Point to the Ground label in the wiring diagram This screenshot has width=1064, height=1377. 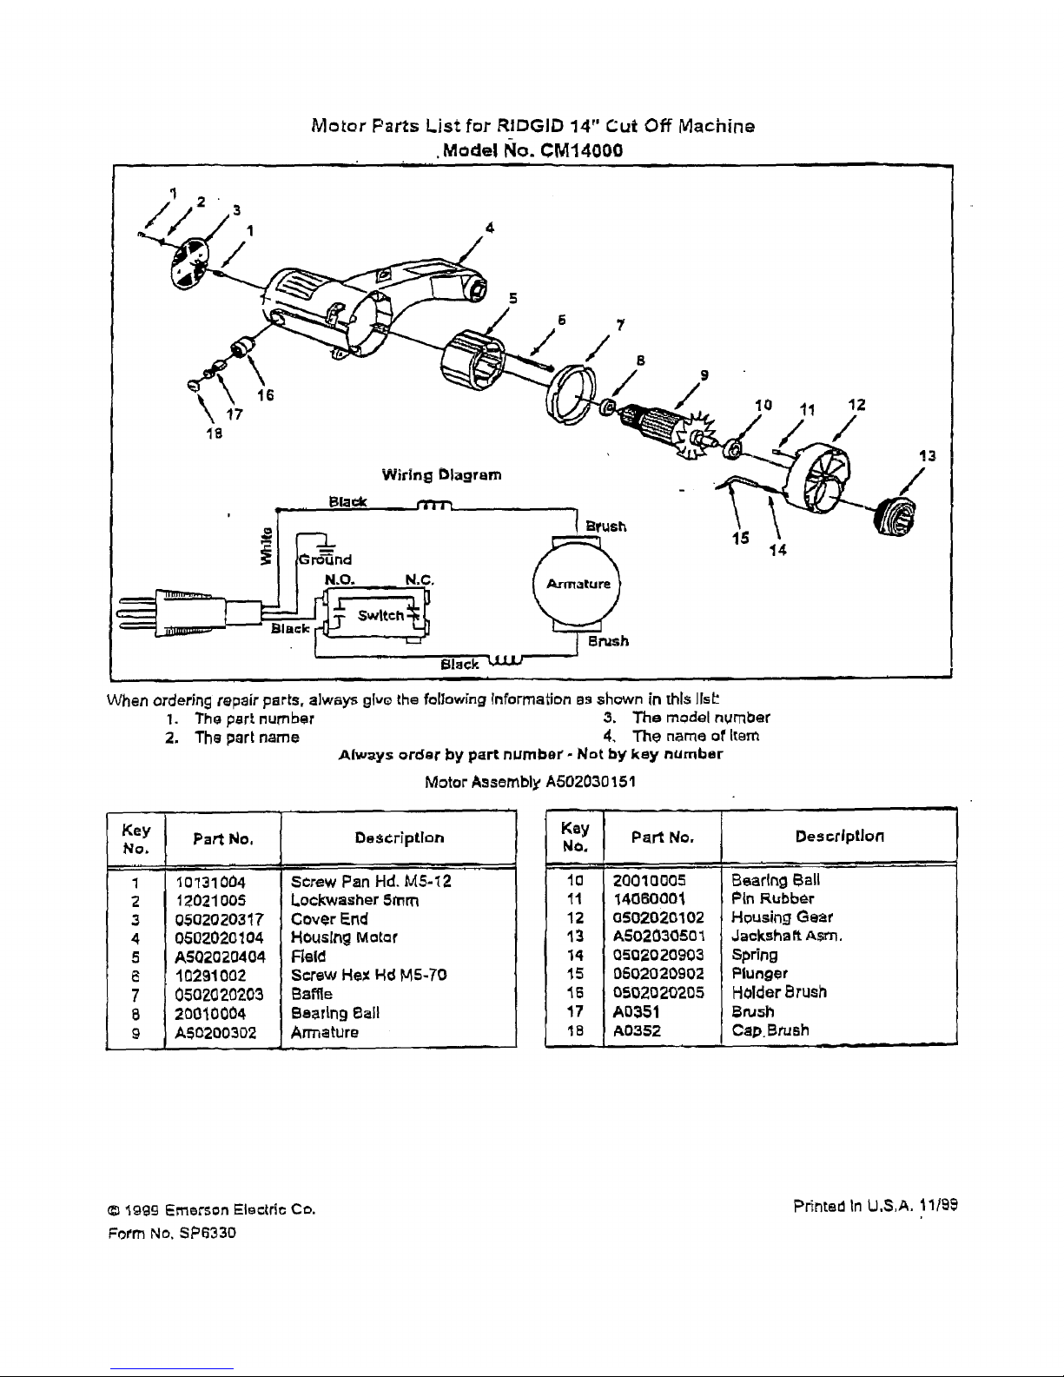[327, 559]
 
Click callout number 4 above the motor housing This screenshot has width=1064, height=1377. [490, 228]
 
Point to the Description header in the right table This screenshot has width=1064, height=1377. [838, 837]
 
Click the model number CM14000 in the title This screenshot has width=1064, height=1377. [581, 149]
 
